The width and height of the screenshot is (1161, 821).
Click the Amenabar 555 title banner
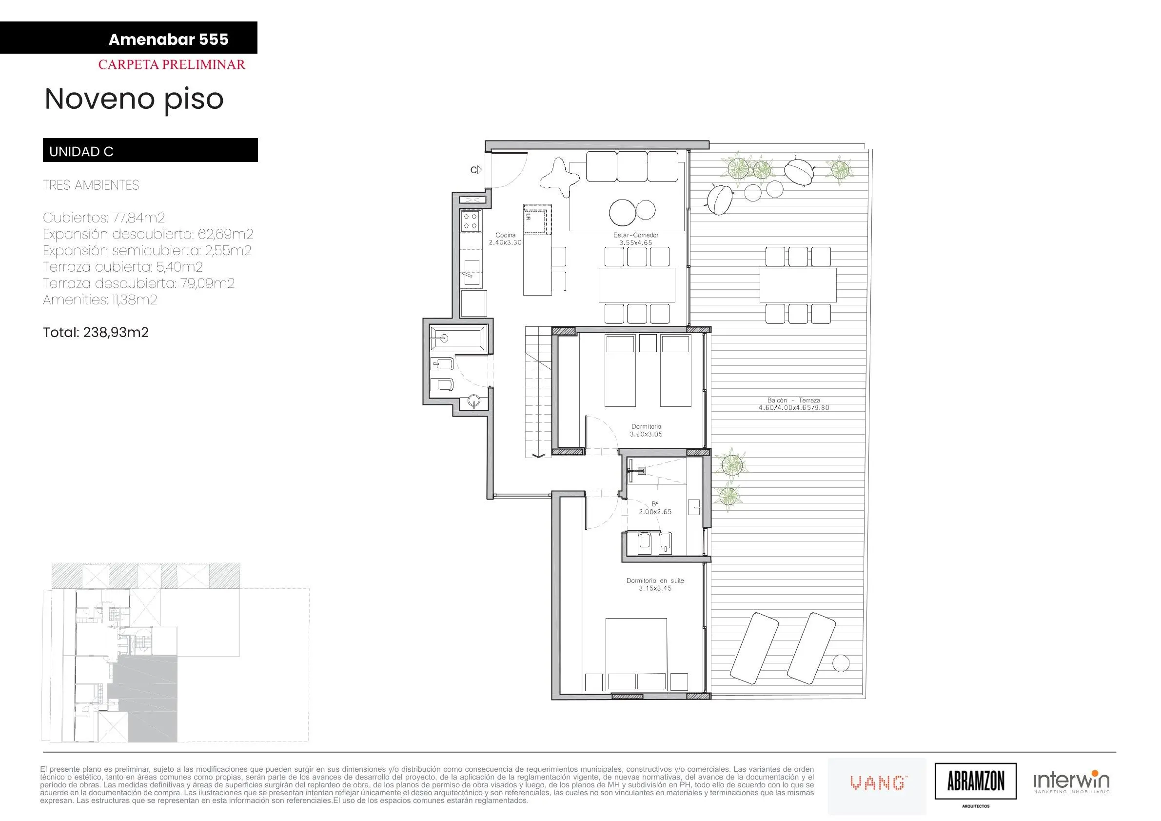(x=128, y=38)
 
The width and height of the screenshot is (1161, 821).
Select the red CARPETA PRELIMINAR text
(x=172, y=65)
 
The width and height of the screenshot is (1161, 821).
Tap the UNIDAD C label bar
(x=150, y=150)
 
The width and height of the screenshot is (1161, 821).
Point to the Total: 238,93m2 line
(x=96, y=332)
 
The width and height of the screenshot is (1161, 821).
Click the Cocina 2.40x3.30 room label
(x=505, y=239)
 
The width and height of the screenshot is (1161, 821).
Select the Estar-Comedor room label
(x=636, y=239)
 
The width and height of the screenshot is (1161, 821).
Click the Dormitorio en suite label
(x=655, y=584)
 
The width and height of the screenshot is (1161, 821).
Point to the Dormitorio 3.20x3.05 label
(x=646, y=430)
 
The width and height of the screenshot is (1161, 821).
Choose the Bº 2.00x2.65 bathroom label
(x=655, y=508)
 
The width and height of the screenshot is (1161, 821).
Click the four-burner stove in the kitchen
(x=117, y=221)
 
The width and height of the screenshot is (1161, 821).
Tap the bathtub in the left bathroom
(x=458, y=338)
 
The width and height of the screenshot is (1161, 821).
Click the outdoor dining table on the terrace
(x=798, y=285)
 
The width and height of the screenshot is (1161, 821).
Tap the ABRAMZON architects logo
(x=975, y=782)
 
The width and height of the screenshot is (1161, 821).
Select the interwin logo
(x=1071, y=782)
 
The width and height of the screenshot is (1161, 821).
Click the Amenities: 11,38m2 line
(x=100, y=300)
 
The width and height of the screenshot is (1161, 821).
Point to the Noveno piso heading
(x=134, y=99)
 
